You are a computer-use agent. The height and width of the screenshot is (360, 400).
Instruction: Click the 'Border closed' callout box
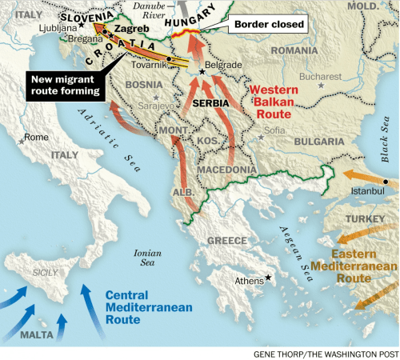[270, 25]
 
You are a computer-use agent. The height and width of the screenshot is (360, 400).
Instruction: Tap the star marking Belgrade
[202, 72]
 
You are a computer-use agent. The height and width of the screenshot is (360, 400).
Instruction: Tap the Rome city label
[37, 137]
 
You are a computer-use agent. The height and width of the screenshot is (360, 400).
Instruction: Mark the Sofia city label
[274, 129]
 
